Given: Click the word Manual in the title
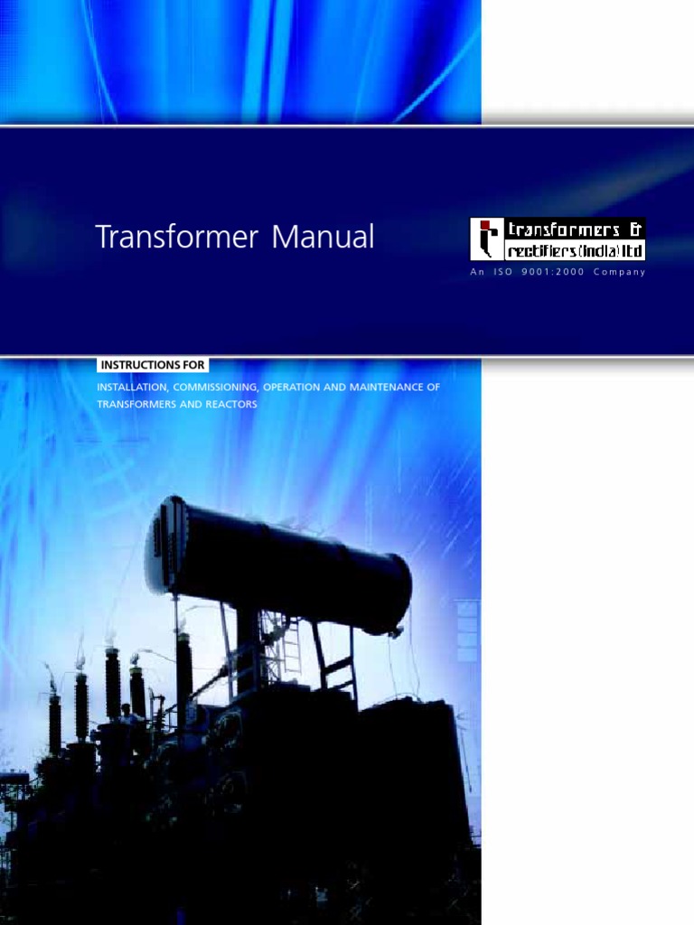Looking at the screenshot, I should (323, 238).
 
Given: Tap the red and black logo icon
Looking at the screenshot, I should (486, 239).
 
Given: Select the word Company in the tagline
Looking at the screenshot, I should (620, 273).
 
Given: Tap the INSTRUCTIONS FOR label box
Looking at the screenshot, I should (153, 365).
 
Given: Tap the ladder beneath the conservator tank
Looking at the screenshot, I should (290, 646).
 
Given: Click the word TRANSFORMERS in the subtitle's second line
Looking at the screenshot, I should (135, 404).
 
